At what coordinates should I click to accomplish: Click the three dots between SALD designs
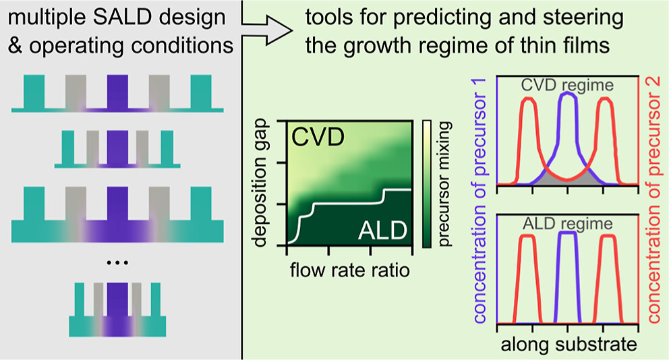tap(117, 262)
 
